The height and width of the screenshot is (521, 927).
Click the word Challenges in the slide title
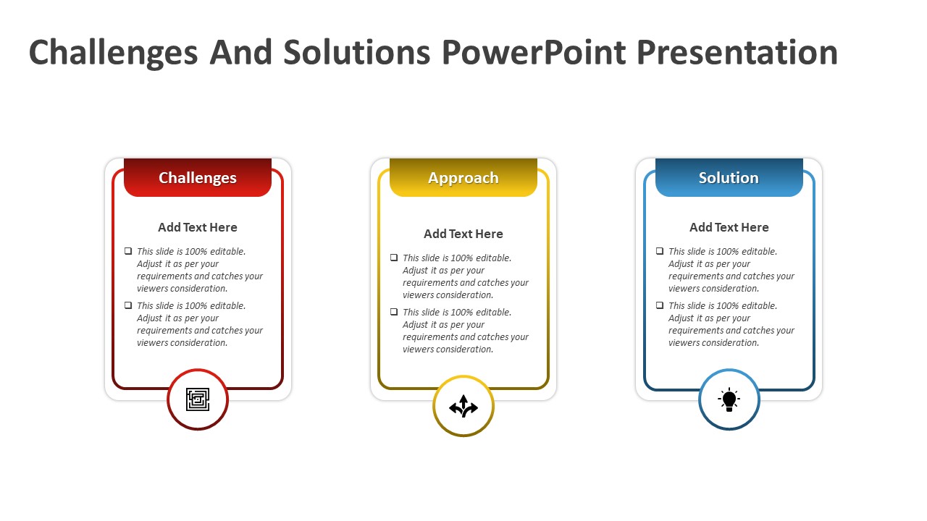click(x=113, y=53)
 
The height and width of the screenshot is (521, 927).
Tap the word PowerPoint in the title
click(x=534, y=53)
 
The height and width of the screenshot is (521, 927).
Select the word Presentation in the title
click(x=737, y=53)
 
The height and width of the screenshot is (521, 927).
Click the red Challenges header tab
click(x=198, y=177)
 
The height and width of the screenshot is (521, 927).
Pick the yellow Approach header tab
click(x=463, y=177)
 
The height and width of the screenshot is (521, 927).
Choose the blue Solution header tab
click(x=729, y=177)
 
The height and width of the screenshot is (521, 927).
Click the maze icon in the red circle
click(x=198, y=399)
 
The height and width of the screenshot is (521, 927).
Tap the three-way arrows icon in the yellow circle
click(x=463, y=406)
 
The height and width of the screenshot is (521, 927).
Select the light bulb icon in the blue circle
click(x=729, y=399)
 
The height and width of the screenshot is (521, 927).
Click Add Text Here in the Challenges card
click(x=198, y=227)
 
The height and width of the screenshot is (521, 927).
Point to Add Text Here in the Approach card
click(x=463, y=234)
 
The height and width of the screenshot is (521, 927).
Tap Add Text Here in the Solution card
click(x=729, y=227)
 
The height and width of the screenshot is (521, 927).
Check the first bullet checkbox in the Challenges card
click(x=128, y=251)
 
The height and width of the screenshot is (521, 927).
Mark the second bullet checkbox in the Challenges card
click(x=128, y=305)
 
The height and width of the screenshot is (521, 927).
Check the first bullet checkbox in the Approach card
click(x=394, y=258)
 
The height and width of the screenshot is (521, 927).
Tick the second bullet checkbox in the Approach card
click(x=394, y=312)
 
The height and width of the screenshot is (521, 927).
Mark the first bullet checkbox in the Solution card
click(x=660, y=251)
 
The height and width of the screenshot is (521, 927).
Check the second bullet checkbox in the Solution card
click(x=660, y=305)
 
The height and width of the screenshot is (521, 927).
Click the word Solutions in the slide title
click(x=357, y=53)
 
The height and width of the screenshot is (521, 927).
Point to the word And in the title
click(x=240, y=53)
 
